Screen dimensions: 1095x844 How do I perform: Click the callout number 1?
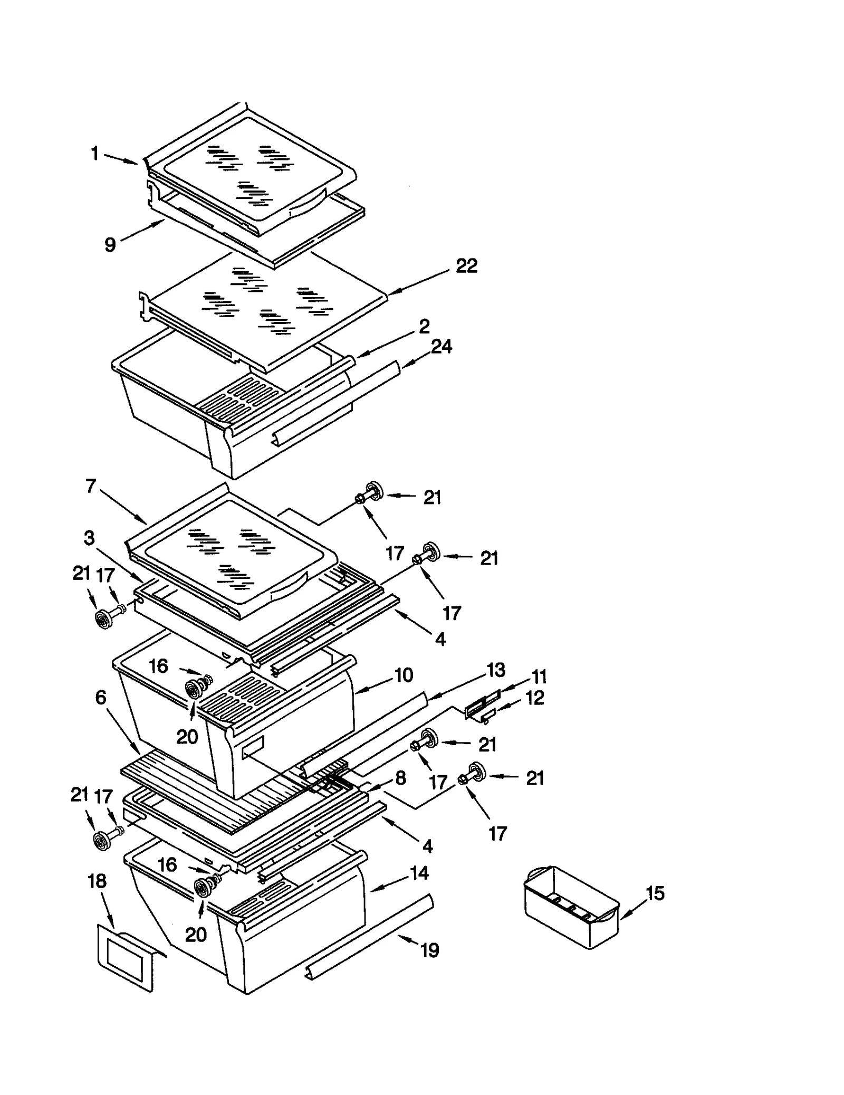coord(95,154)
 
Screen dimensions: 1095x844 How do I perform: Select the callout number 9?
coord(110,245)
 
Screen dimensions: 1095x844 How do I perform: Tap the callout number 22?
coord(466,265)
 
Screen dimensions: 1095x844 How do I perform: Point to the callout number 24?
coord(442,347)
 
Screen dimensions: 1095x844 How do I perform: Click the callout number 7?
coord(91,485)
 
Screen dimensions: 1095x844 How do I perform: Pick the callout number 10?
coord(404,675)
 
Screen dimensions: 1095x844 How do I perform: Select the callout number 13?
coord(495,670)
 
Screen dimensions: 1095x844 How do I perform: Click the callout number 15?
coord(655,893)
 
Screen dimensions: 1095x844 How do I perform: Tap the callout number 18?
coord(97,881)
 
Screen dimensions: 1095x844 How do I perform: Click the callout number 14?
coord(419,873)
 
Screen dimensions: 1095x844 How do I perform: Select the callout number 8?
coord(400,778)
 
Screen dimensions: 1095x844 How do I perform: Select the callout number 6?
coord(101,698)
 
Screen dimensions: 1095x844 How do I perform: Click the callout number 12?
coord(534,698)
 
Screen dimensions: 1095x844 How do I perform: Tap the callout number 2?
coord(424,326)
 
